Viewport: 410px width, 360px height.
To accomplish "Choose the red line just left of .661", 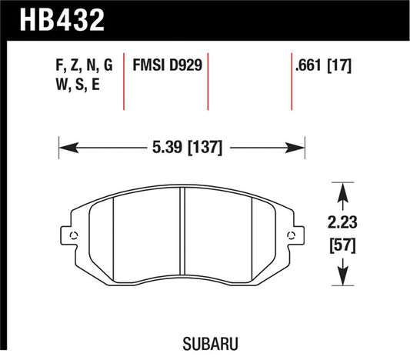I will click(x=292, y=83).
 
